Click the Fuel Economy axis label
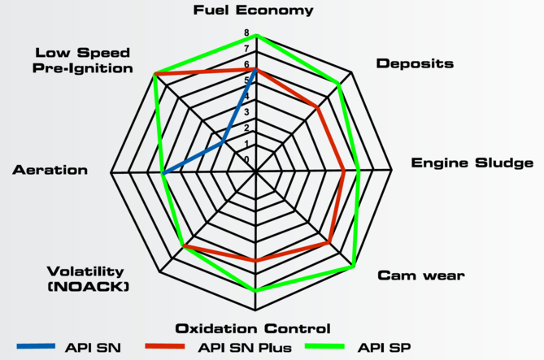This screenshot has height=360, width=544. click(x=253, y=11)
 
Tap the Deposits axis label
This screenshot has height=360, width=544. click(x=415, y=63)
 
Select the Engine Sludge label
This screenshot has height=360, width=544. click(x=472, y=163)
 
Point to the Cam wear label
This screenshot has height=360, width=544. click(x=421, y=275)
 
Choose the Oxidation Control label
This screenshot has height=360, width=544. click(x=253, y=328)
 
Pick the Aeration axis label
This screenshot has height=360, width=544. click(x=50, y=170)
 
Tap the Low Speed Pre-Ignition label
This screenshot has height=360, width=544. click(x=83, y=61)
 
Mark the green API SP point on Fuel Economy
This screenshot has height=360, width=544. click(x=256, y=35)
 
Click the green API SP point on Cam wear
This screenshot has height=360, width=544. click(x=354, y=267)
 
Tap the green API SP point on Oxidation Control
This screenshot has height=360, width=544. click(x=256, y=290)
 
